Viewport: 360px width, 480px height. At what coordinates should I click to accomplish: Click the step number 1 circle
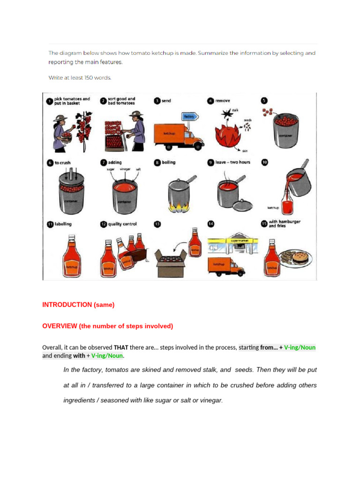point(49,101)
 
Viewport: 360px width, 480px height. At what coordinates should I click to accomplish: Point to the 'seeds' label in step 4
point(247,120)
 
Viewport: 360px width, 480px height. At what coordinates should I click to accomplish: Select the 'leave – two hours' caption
point(232,162)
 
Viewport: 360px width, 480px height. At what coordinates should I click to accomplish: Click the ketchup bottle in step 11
point(71,255)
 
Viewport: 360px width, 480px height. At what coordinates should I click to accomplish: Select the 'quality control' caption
point(122,224)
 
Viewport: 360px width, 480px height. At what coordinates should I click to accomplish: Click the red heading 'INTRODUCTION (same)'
point(78,305)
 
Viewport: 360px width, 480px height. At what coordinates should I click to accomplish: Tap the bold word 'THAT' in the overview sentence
point(121,347)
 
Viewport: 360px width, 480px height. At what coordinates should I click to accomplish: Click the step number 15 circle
point(264,225)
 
